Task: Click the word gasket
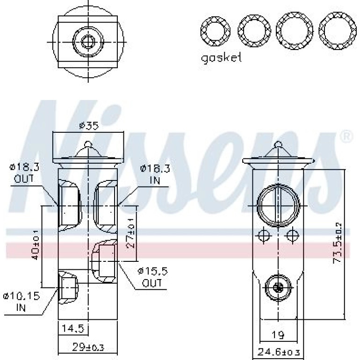tap(221, 58)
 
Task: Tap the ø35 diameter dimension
tap(89, 126)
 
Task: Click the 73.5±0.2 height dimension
tap(338, 243)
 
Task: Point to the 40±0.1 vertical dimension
tap(36, 245)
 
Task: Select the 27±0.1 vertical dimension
tap(130, 233)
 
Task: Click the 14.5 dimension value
tap(73, 328)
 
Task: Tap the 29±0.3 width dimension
tap(88, 347)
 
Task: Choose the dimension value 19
tap(278, 335)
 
